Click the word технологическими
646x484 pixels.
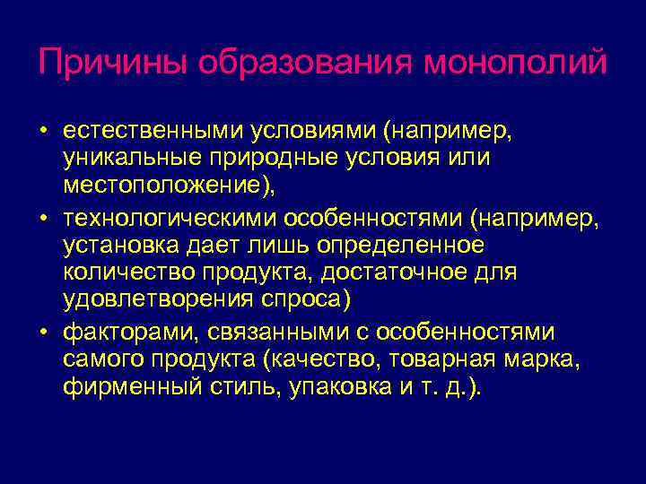[x=170, y=219]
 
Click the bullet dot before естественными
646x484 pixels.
[x=43, y=133]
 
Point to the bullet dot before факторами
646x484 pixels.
[x=43, y=333]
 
